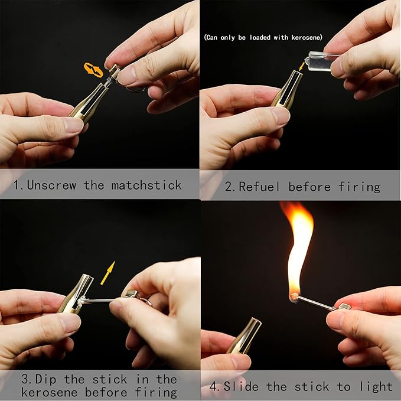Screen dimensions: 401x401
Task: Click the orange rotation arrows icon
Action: tap(93, 70)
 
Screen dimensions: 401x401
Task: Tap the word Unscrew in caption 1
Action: tap(51, 185)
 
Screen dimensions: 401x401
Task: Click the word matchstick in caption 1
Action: tap(146, 185)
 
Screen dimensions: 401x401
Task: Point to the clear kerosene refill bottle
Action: tap(319, 61)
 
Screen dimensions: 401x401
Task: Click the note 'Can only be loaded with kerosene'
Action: tap(263, 38)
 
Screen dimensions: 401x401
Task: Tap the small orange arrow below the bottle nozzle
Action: tap(302, 67)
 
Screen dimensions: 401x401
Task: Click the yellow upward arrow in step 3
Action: tap(108, 273)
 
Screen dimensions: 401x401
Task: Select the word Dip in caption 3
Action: tap(46, 379)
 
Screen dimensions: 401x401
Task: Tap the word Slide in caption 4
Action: tap(241, 386)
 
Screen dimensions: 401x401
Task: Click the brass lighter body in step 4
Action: tap(244, 335)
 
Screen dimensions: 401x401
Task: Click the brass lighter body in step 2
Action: tap(287, 89)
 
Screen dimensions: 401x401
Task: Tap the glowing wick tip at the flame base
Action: tap(294, 296)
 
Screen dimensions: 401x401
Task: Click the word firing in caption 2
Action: tap(359, 187)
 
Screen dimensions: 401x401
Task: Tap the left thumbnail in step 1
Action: tap(73, 125)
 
